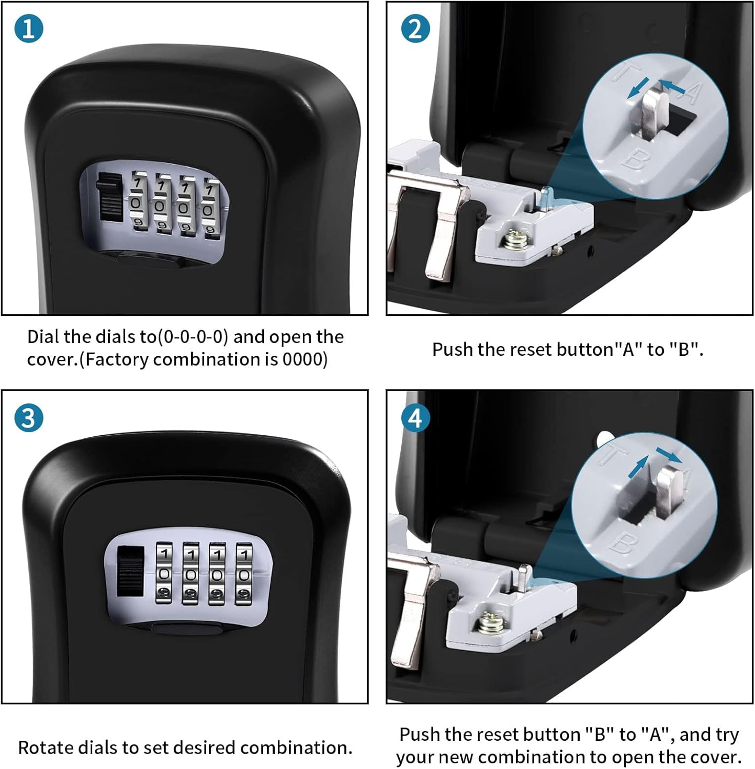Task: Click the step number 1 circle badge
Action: coord(29,29)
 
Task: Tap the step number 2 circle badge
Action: coord(415,29)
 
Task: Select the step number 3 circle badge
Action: coord(29,418)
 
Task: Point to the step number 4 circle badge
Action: coord(415,418)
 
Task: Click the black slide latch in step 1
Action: coord(109,197)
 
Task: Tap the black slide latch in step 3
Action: coord(130,572)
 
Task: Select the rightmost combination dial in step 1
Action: coord(208,208)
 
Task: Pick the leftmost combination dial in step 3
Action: coord(164,573)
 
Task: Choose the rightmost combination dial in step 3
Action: coord(244,573)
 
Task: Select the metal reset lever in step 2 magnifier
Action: coord(652,115)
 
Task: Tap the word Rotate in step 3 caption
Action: coord(42,747)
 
